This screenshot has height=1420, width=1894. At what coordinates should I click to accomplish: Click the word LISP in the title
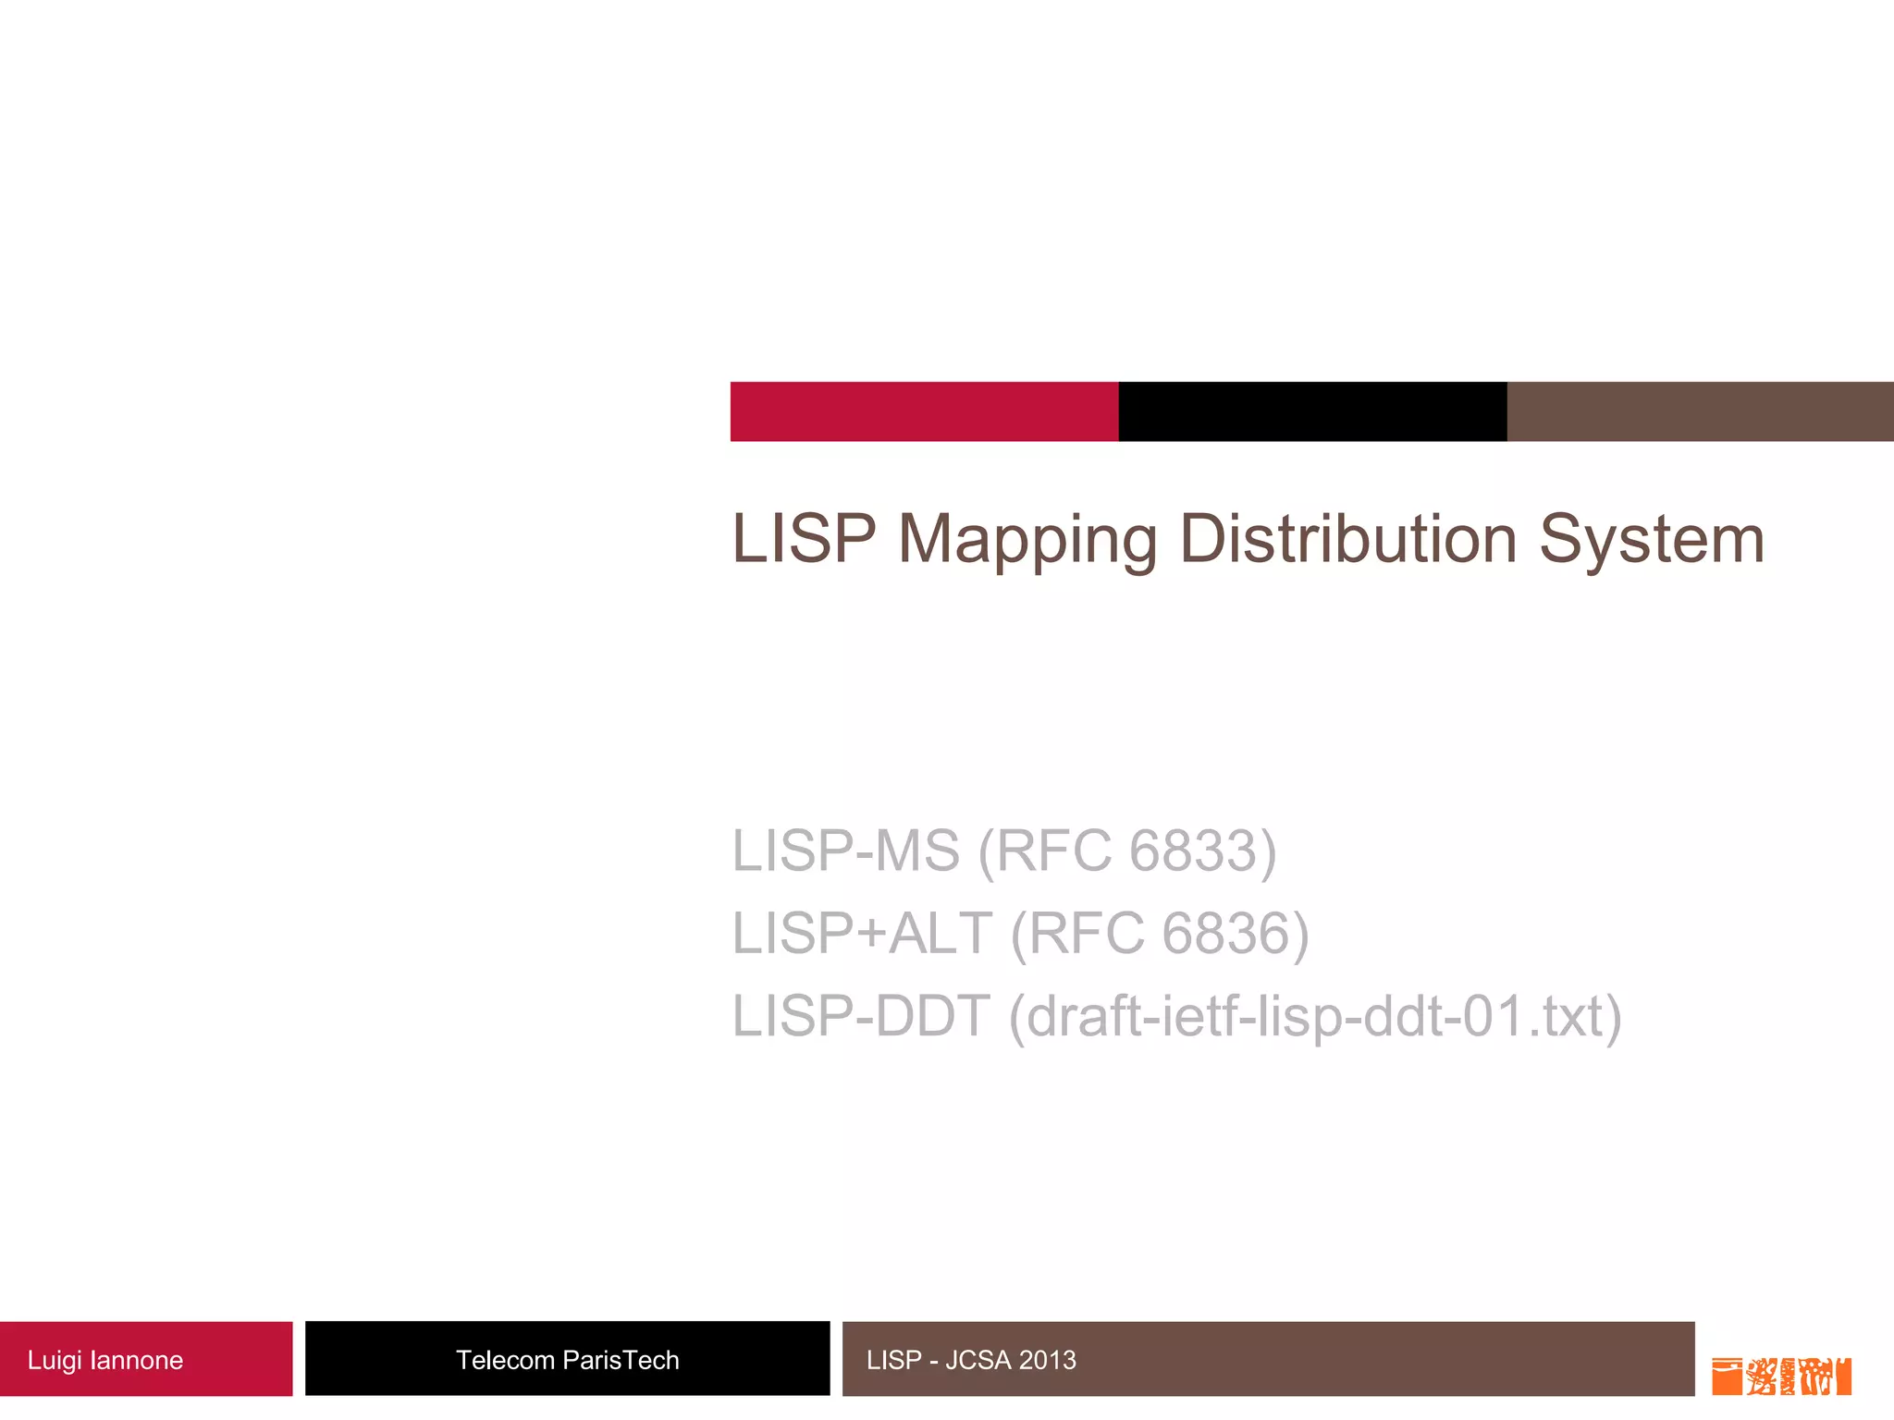(803, 538)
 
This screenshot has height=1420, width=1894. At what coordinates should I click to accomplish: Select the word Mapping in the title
(1027, 540)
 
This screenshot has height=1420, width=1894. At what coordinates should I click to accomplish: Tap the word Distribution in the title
(1348, 538)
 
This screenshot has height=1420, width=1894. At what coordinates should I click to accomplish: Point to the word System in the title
(1652, 538)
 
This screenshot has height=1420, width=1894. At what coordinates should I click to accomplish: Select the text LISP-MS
(845, 851)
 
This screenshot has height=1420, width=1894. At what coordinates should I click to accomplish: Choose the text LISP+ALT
(862, 933)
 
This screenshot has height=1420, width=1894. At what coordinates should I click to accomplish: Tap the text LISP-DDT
(860, 1016)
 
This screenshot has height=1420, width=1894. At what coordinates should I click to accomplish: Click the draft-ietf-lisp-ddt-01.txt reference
(1314, 1016)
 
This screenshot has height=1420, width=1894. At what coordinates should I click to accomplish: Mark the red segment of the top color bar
(924, 411)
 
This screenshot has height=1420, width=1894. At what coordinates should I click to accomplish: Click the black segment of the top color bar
(1312, 411)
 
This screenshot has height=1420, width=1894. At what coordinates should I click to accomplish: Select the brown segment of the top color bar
(1700, 411)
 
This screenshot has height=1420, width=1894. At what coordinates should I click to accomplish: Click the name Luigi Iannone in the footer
(105, 1360)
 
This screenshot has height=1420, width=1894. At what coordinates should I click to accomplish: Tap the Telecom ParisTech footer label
(567, 1360)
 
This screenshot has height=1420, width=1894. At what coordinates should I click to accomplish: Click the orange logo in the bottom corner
(1781, 1376)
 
